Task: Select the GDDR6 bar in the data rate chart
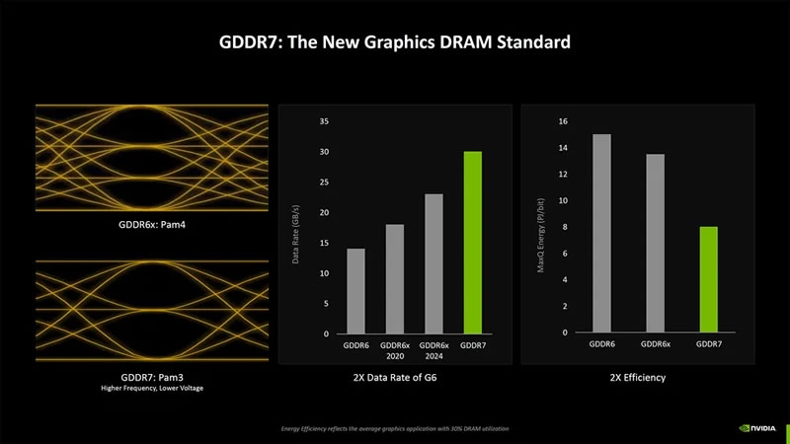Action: (x=355, y=291)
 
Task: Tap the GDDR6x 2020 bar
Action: (x=395, y=279)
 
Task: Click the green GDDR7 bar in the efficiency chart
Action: (x=708, y=279)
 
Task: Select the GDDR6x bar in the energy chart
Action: (x=655, y=243)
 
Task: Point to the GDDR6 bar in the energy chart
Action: (x=601, y=233)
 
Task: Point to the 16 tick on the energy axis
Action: (x=563, y=121)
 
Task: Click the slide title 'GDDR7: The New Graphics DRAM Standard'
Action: (x=394, y=43)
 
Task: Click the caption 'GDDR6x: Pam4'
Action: (x=151, y=225)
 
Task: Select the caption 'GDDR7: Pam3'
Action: (x=151, y=377)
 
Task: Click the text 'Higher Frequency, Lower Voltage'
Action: (x=151, y=390)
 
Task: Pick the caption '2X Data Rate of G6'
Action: (x=394, y=377)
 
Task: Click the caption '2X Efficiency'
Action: (x=637, y=377)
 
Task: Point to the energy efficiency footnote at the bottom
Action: (x=395, y=428)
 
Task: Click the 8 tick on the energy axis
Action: (x=564, y=227)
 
